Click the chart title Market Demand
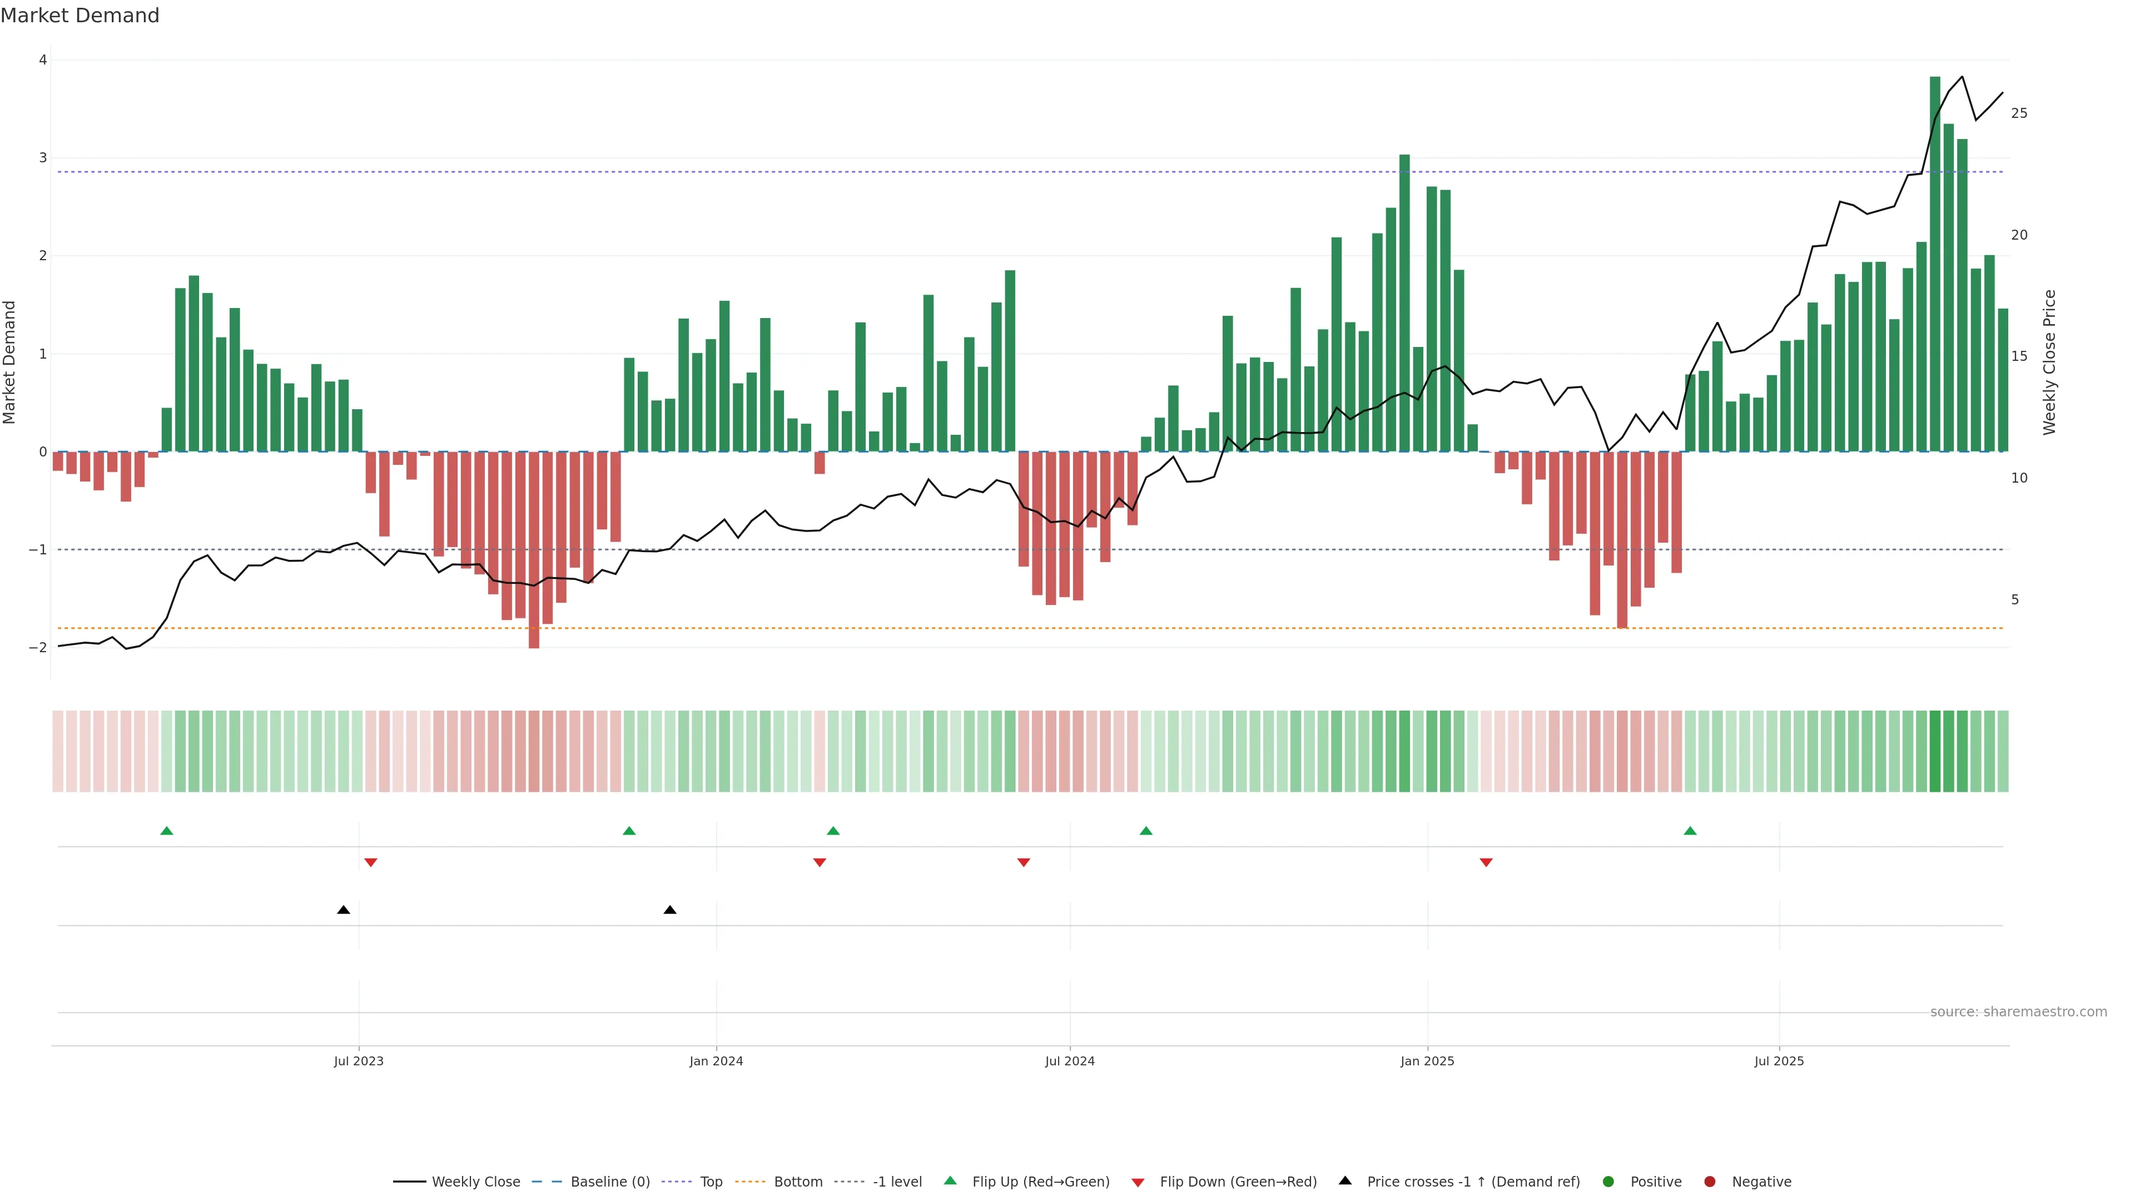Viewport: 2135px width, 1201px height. click(x=80, y=16)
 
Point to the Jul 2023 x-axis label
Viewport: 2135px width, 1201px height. click(x=358, y=1061)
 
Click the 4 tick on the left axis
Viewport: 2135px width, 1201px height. click(x=42, y=59)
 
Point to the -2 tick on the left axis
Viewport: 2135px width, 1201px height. click(x=38, y=647)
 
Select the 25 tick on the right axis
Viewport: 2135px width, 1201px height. click(x=2019, y=113)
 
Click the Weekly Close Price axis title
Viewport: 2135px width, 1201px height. click(x=2049, y=362)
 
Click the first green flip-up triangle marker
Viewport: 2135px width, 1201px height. click(x=167, y=831)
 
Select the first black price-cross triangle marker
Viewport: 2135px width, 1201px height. click(x=343, y=910)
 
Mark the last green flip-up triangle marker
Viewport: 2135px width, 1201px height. click(x=1690, y=831)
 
